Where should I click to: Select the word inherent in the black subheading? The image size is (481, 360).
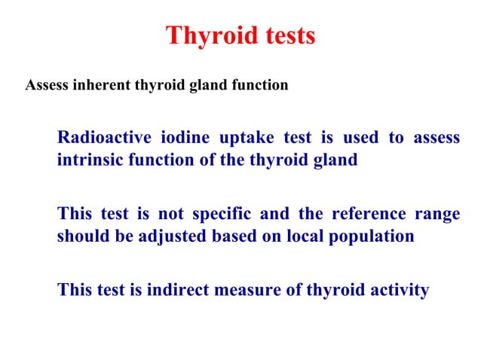point(99,85)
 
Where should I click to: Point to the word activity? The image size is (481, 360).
point(398,290)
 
